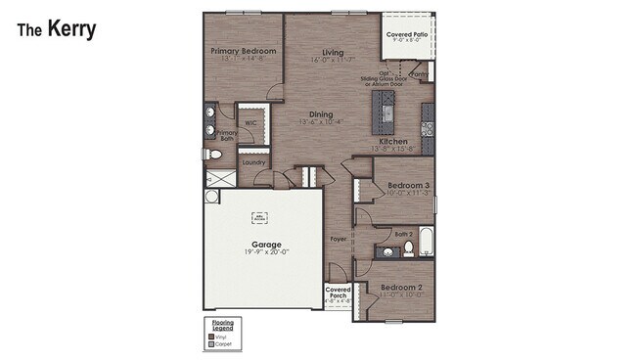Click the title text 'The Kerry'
56,29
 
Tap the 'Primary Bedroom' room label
244,51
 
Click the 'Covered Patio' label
405,33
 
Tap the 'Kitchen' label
393,141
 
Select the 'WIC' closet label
250,123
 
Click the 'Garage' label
265,245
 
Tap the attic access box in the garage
259,217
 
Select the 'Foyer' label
339,238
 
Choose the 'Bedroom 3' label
408,185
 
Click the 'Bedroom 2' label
401,288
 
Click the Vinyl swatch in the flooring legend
210,336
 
